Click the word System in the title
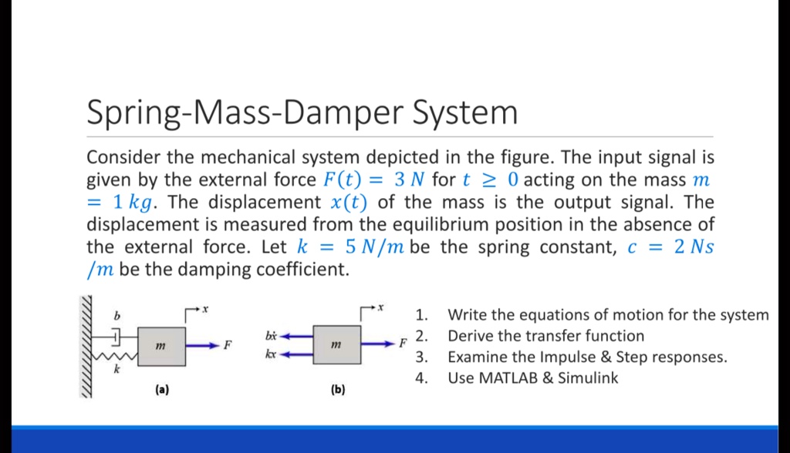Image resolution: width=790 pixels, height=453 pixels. pyautogui.click(x=467, y=113)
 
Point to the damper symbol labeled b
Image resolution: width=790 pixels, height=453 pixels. pyautogui.click(x=117, y=336)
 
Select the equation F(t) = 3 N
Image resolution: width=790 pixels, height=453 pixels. pyautogui.click(x=373, y=180)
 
